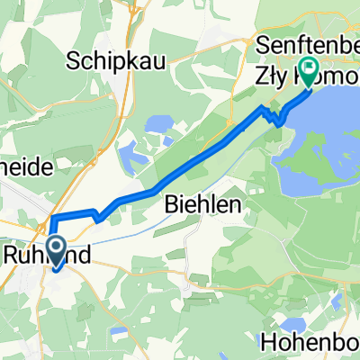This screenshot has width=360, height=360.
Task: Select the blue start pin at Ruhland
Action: click(56, 249)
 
